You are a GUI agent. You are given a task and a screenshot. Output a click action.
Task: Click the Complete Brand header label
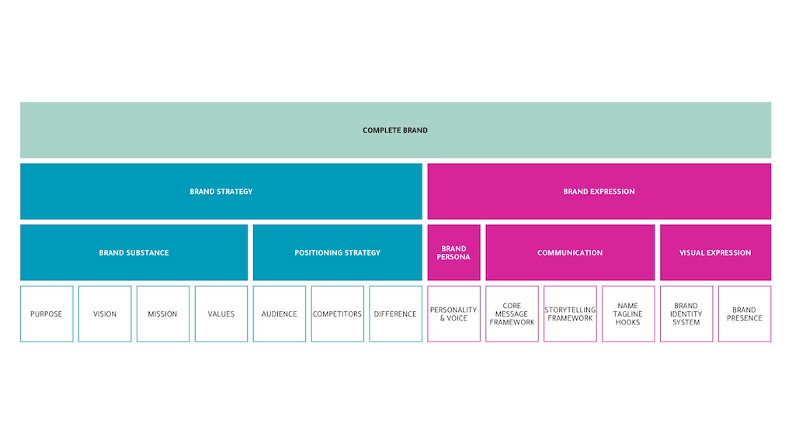tap(395, 130)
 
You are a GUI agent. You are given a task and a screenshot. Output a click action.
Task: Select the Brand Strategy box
tap(221, 191)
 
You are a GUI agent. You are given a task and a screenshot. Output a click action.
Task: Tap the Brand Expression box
tap(599, 191)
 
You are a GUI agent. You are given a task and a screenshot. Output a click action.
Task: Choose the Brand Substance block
tap(134, 252)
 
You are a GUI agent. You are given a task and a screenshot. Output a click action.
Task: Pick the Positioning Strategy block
tap(337, 252)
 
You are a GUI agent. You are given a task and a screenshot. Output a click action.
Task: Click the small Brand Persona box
tap(453, 252)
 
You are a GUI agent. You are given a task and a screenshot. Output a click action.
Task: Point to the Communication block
tap(570, 252)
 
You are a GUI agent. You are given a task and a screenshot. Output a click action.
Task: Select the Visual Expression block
tap(715, 252)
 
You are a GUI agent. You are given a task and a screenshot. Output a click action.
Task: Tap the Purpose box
tap(47, 314)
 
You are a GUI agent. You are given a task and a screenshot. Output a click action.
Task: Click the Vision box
tap(105, 314)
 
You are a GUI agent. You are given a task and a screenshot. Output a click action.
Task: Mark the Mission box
tap(163, 314)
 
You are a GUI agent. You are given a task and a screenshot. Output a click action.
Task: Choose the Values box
tap(221, 314)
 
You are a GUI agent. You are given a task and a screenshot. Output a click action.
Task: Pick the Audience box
tap(280, 314)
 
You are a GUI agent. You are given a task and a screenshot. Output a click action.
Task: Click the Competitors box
tap(337, 314)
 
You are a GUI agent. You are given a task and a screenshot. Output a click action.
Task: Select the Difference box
tap(395, 314)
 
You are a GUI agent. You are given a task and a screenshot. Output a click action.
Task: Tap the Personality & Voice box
tap(453, 314)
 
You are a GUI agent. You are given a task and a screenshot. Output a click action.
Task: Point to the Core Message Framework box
tap(512, 314)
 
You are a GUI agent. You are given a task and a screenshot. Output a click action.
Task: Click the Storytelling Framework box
tap(570, 314)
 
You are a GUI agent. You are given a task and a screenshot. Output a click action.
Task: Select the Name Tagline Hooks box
tap(628, 314)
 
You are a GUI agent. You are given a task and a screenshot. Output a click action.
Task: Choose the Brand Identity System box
tap(686, 314)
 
